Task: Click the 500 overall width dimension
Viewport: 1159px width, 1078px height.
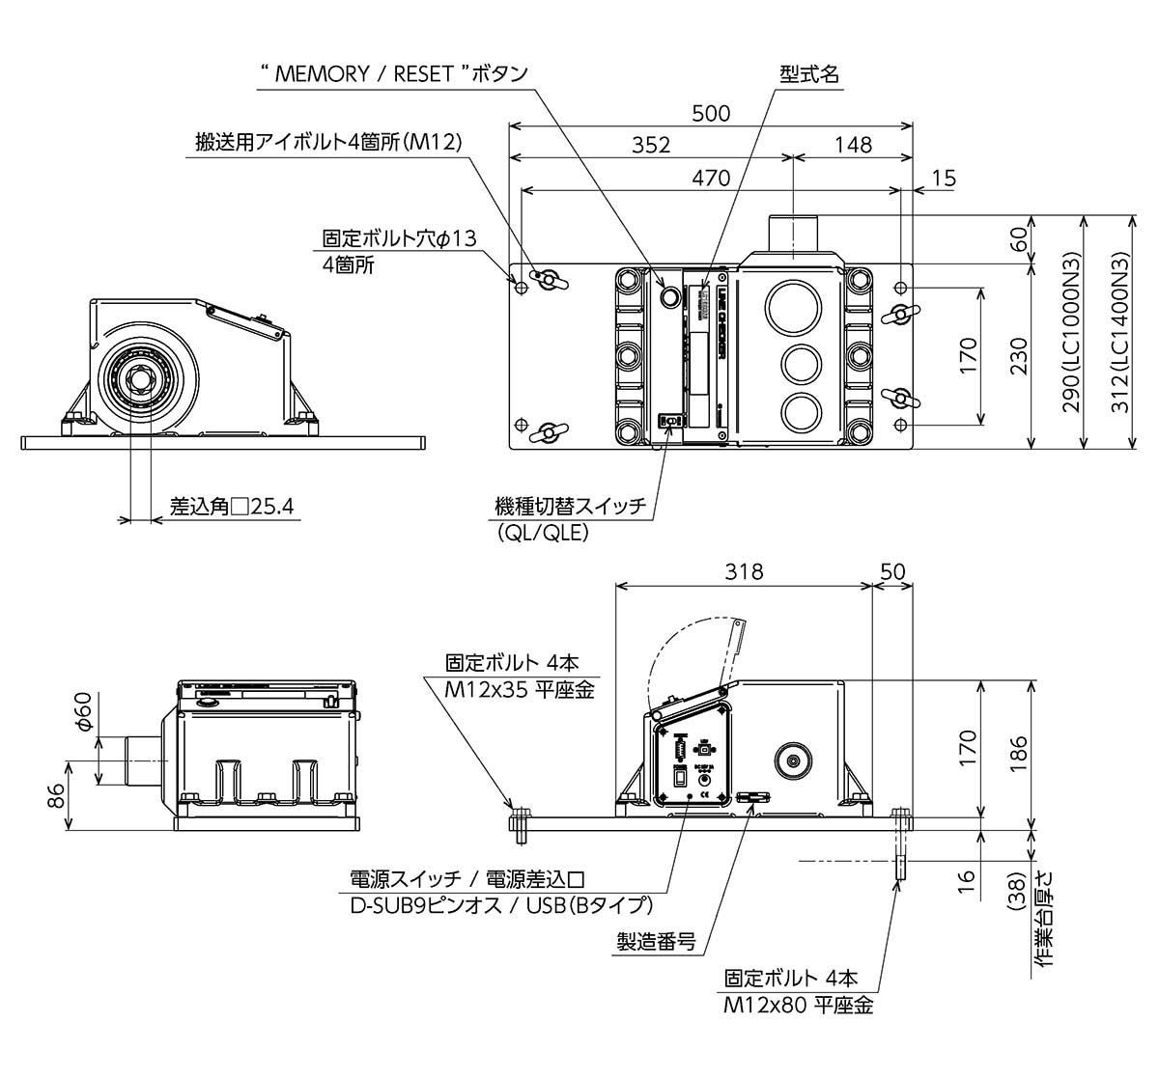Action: (711, 113)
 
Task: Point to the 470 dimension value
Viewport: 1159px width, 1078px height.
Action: (711, 178)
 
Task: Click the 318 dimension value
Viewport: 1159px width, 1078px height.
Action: (744, 571)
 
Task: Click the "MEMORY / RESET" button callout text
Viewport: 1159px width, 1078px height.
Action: (394, 75)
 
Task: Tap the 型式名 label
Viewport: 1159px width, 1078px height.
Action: (809, 75)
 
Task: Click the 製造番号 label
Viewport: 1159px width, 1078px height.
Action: (657, 942)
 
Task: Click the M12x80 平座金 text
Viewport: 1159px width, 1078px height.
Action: (798, 1005)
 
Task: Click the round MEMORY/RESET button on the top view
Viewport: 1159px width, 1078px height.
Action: (668, 295)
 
